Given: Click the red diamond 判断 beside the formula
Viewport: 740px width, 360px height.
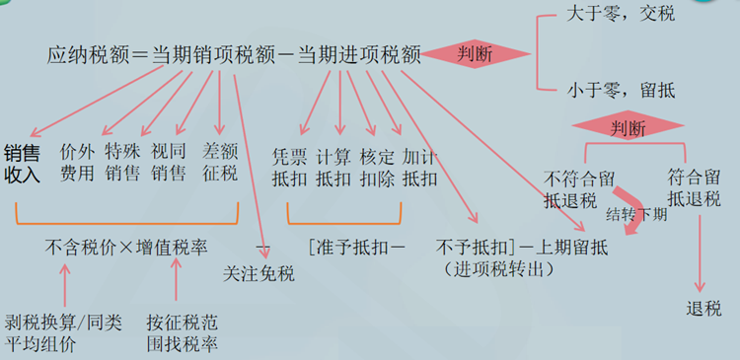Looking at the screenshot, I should pyautogui.click(x=477, y=55).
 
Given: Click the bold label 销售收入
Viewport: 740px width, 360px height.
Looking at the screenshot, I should pyautogui.click(x=22, y=164).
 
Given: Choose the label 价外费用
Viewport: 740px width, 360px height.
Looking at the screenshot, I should pyautogui.click(x=76, y=163).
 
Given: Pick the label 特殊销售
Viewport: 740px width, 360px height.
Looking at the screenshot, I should pyautogui.click(x=122, y=163).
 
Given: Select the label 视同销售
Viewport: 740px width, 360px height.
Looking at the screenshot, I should pyautogui.click(x=169, y=163).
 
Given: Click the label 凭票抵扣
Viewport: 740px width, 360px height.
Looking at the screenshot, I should pyautogui.click(x=289, y=168).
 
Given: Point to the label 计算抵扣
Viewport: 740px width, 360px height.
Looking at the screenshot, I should pyautogui.click(x=333, y=168).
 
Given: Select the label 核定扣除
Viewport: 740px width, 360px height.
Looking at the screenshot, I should pyautogui.click(x=376, y=168).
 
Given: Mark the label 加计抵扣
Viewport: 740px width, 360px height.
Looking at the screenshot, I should pyautogui.click(x=420, y=168).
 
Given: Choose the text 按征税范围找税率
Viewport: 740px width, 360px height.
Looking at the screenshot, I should pyautogui.click(x=183, y=332).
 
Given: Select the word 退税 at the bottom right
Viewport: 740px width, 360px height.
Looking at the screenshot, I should pyautogui.click(x=704, y=308).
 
